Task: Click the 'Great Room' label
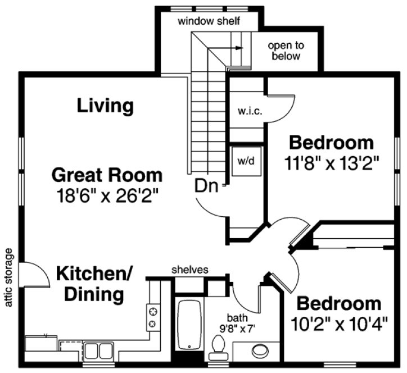[x=107, y=175]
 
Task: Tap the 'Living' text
[x=105, y=105]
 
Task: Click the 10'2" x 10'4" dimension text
[x=338, y=325]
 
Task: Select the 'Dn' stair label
[x=206, y=186]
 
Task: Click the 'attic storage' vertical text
[x=8, y=278]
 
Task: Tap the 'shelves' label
[x=190, y=270]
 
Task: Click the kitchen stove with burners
[x=153, y=317]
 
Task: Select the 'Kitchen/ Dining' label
[x=94, y=284]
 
